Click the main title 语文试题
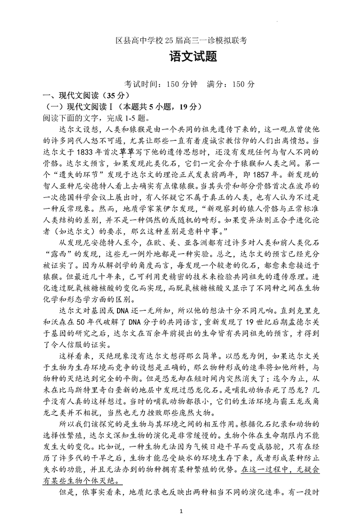[180, 58]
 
